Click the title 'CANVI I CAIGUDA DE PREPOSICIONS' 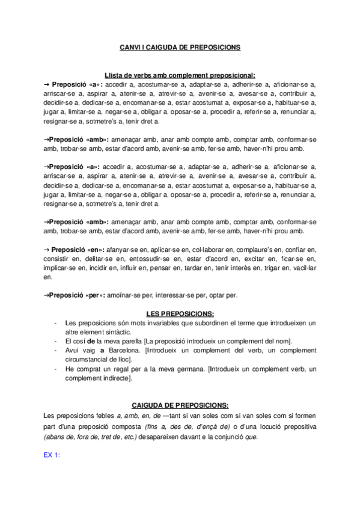[180, 46]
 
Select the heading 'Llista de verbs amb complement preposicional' [180, 75]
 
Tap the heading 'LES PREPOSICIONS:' [180, 314]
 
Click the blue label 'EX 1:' [52, 456]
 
